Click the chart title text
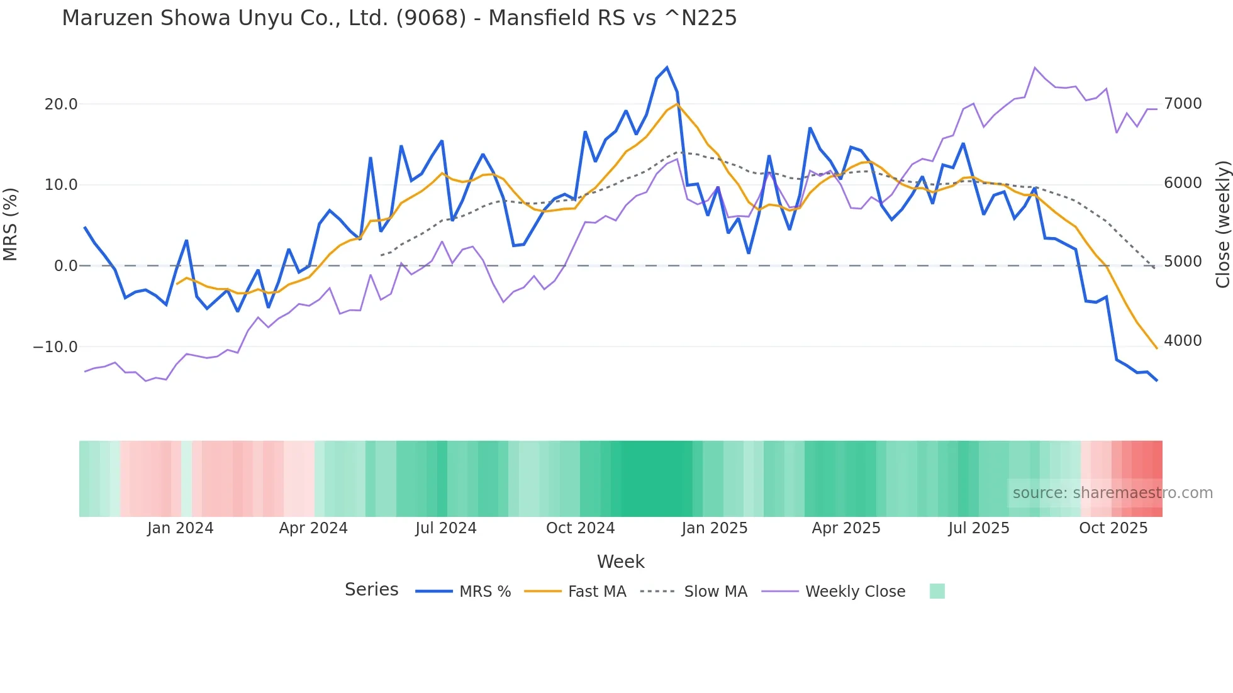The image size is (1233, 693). coord(399,18)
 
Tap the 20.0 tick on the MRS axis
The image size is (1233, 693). coord(61,104)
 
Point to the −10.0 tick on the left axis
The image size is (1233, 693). coord(55,347)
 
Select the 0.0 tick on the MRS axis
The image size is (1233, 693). coord(65,266)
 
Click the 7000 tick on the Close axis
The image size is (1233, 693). coord(1183,104)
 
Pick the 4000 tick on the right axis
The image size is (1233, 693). coord(1183,341)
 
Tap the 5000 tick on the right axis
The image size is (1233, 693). coord(1183,262)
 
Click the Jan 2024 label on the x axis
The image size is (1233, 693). coord(181,528)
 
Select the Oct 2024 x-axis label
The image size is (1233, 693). coord(580,528)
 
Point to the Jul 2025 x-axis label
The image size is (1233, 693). coord(979,528)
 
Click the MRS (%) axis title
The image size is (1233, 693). coord(11,224)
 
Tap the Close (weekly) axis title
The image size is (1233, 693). coord(1222,225)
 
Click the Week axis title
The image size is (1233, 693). coord(620,562)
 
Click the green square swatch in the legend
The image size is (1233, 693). coord(937,591)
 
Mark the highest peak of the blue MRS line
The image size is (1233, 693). coord(667,68)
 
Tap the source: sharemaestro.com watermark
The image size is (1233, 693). coord(1112,493)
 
